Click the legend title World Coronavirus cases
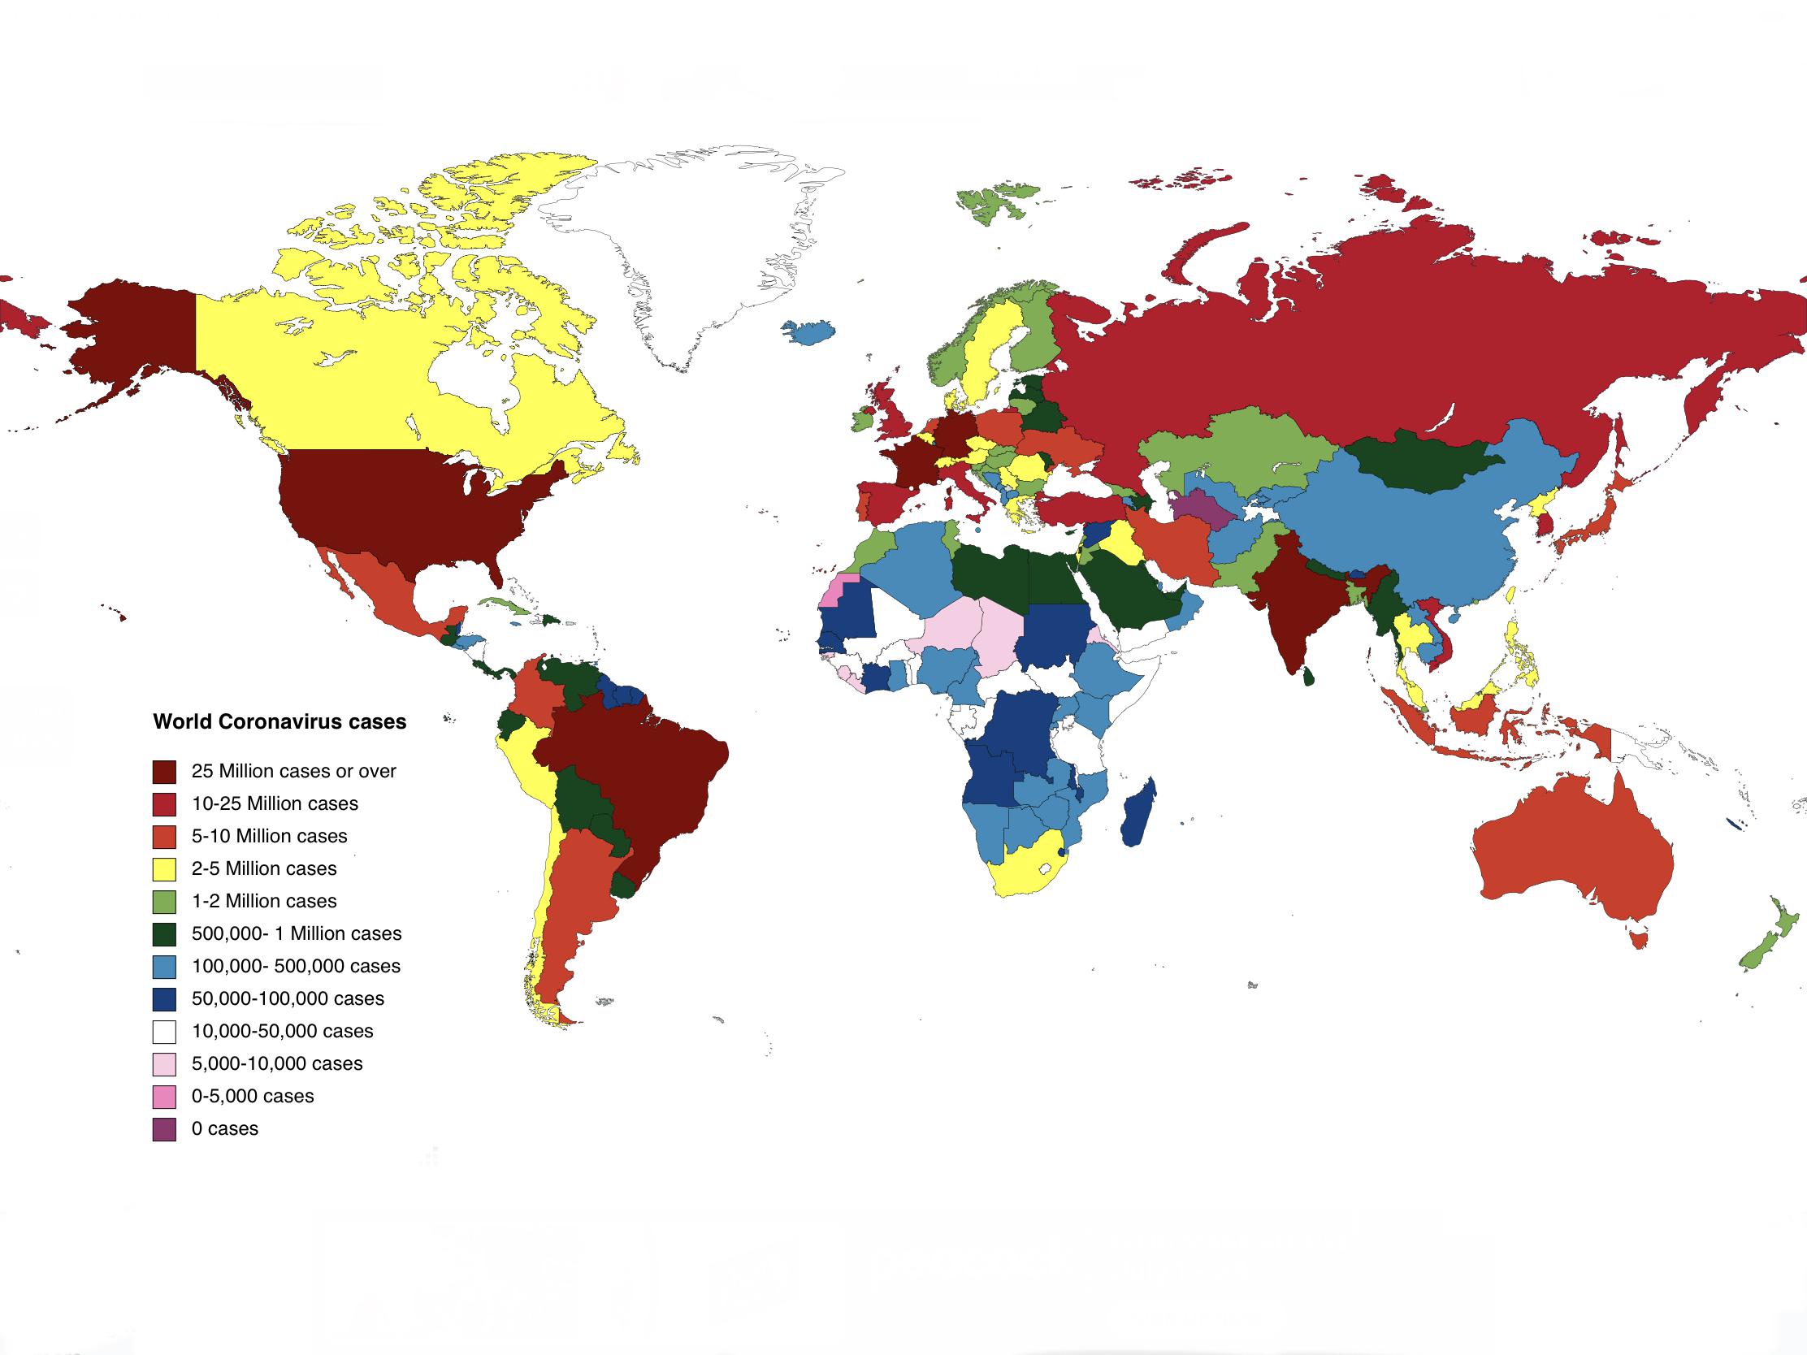point(279,722)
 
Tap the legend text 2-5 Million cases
point(264,868)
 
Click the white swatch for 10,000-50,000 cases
point(164,1032)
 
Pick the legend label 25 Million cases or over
point(293,771)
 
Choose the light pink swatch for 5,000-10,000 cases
point(164,1064)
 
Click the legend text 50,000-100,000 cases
point(288,998)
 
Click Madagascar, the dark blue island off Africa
point(1140,812)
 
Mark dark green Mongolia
point(1421,461)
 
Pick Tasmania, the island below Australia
point(1637,940)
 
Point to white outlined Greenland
point(695,245)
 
